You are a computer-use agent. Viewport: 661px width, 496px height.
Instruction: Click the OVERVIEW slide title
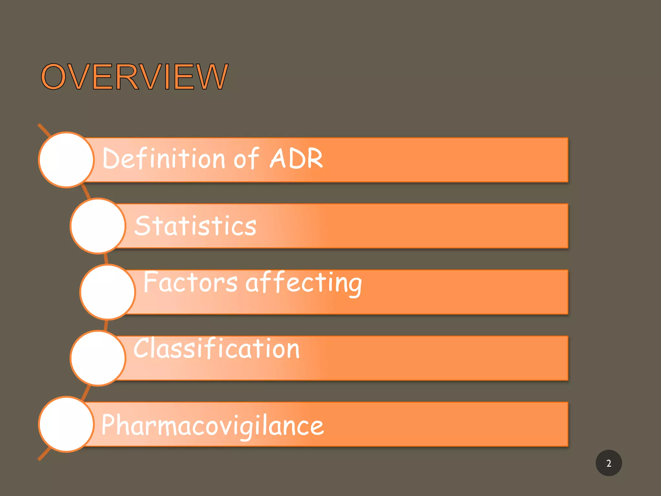(x=135, y=77)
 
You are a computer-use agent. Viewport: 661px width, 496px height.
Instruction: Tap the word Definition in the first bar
(x=163, y=158)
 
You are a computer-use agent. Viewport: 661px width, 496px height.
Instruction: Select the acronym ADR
(x=296, y=158)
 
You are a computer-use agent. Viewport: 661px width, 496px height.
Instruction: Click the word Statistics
(x=195, y=225)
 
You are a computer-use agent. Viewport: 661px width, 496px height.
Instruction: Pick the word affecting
(x=303, y=283)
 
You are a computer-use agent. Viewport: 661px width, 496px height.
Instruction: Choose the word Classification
(x=217, y=348)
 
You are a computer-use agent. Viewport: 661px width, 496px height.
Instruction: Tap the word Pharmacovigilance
(x=212, y=425)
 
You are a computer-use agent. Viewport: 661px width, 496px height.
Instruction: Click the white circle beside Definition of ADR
(x=66, y=160)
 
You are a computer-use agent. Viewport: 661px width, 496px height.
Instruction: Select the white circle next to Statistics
(x=98, y=226)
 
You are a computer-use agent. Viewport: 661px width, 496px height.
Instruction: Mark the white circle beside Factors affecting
(x=107, y=292)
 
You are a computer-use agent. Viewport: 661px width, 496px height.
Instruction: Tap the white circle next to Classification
(x=98, y=358)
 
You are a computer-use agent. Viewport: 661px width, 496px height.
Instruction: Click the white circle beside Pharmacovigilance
(x=66, y=424)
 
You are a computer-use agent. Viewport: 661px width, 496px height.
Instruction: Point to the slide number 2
(x=608, y=463)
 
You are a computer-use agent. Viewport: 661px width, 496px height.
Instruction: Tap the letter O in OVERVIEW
(x=53, y=77)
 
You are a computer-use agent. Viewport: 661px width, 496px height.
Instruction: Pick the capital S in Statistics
(x=143, y=225)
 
